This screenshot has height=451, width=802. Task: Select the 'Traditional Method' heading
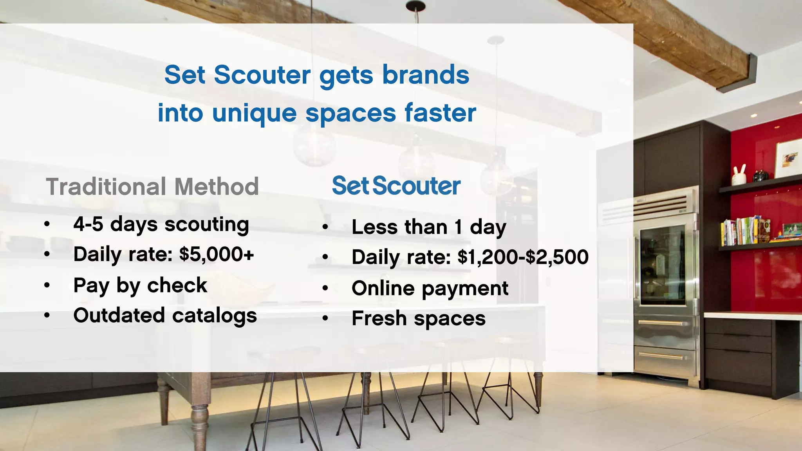(x=152, y=187)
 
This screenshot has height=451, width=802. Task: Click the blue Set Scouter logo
(x=396, y=186)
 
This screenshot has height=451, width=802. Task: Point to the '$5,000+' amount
(x=217, y=254)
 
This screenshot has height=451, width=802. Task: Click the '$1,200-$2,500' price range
(x=523, y=257)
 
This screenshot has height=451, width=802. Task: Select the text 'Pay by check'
(x=140, y=285)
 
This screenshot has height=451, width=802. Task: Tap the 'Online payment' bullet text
(x=430, y=289)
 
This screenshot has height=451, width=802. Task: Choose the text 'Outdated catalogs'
(x=165, y=316)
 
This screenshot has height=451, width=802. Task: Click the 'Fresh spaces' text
(x=418, y=318)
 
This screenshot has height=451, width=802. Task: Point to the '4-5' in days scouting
(x=88, y=224)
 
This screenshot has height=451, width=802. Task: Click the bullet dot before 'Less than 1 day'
(x=325, y=227)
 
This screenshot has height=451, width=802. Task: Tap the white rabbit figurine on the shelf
(x=739, y=175)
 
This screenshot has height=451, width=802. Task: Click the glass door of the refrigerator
(x=663, y=266)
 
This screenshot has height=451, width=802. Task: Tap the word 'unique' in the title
(x=254, y=113)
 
